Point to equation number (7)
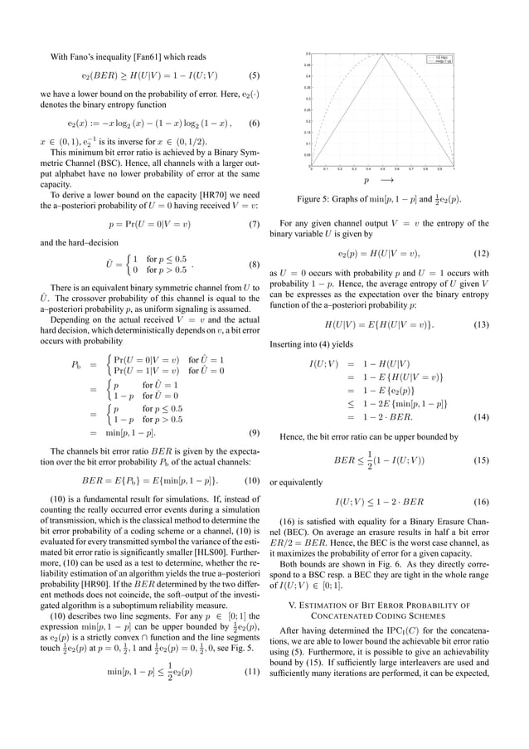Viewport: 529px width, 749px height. [255, 224]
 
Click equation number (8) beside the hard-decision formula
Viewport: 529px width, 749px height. [255, 265]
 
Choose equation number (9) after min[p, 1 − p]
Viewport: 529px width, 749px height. [255, 432]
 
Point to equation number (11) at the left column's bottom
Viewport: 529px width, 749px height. [254, 669]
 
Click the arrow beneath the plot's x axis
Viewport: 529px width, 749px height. [387, 179]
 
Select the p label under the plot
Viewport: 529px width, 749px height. [366, 179]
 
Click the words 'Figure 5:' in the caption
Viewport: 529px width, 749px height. [316, 199]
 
